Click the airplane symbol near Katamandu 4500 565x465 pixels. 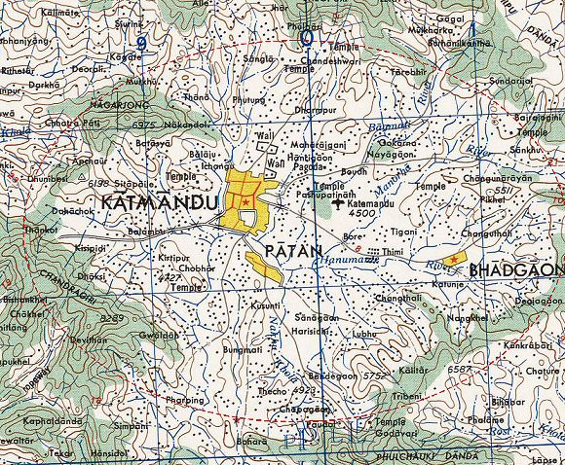(x=338, y=203)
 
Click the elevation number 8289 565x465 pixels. (x=113, y=318)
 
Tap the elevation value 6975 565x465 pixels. (x=144, y=125)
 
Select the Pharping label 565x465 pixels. (x=184, y=400)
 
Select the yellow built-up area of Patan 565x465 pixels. (x=264, y=266)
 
